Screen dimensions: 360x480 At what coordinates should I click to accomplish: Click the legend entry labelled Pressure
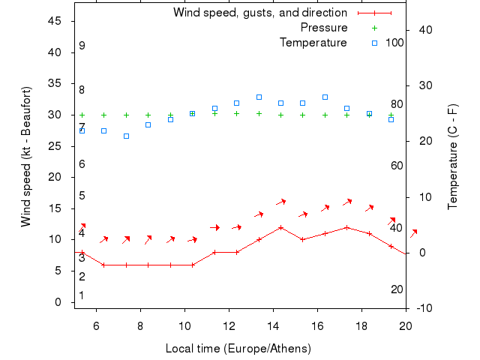click(323, 28)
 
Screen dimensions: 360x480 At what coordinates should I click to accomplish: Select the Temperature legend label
click(313, 43)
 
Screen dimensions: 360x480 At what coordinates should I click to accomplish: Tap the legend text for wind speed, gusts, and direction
click(259, 13)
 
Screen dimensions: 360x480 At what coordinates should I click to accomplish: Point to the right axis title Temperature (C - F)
click(453, 156)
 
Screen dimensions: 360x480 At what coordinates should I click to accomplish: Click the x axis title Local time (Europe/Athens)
click(238, 349)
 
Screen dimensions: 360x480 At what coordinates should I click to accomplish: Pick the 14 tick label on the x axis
click(274, 325)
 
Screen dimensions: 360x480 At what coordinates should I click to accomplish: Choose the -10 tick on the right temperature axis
click(424, 308)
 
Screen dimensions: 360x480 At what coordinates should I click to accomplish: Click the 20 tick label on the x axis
click(406, 325)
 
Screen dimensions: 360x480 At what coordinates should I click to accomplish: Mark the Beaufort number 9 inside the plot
click(82, 46)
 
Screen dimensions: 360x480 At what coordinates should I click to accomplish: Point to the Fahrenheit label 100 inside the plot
click(394, 43)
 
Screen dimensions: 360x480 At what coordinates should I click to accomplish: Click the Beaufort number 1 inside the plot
click(82, 295)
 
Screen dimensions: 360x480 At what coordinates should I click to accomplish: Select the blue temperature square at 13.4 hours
click(259, 97)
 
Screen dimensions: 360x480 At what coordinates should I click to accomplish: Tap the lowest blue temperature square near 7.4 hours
click(126, 136)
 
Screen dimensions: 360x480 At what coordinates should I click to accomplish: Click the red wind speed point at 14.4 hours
click(280, 227)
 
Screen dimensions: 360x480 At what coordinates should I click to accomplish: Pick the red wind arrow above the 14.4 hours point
click(281, 202)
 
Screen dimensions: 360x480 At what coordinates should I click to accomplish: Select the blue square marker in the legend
click(374, 43)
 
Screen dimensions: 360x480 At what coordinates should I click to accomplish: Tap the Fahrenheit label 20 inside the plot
click(397, 289)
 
